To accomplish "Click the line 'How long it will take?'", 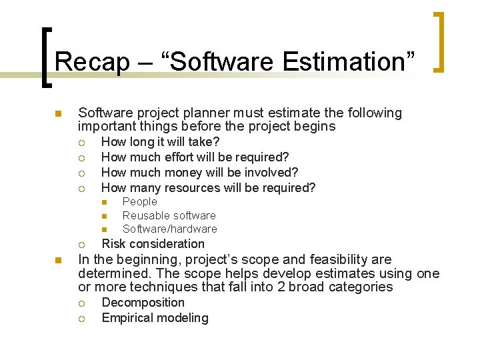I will pos(160,142).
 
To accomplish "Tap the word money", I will pos(183,173).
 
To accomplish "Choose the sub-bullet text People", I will pos(140,202).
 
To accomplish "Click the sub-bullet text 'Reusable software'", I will pos(169,215).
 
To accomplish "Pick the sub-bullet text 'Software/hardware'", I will pos(169,229).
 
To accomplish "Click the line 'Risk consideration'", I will pos(153,244).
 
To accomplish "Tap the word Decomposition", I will pos(143,303).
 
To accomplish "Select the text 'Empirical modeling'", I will pos(155,318).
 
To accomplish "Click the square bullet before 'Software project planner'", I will pos(58,114).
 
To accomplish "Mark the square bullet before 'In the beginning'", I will pos(58,260).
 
